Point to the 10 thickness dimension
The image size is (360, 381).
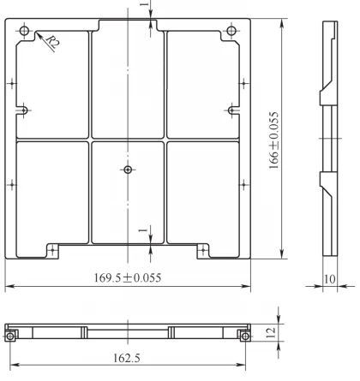coord(330,278)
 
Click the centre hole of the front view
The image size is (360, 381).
coord(128,170)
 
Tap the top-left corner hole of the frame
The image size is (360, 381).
coord(24,33)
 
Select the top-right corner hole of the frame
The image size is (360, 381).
coord(231,33)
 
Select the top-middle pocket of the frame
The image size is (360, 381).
coord(127,81)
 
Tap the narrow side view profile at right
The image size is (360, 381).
coord(325,137)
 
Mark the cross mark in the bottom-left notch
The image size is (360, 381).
coord(52,249)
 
